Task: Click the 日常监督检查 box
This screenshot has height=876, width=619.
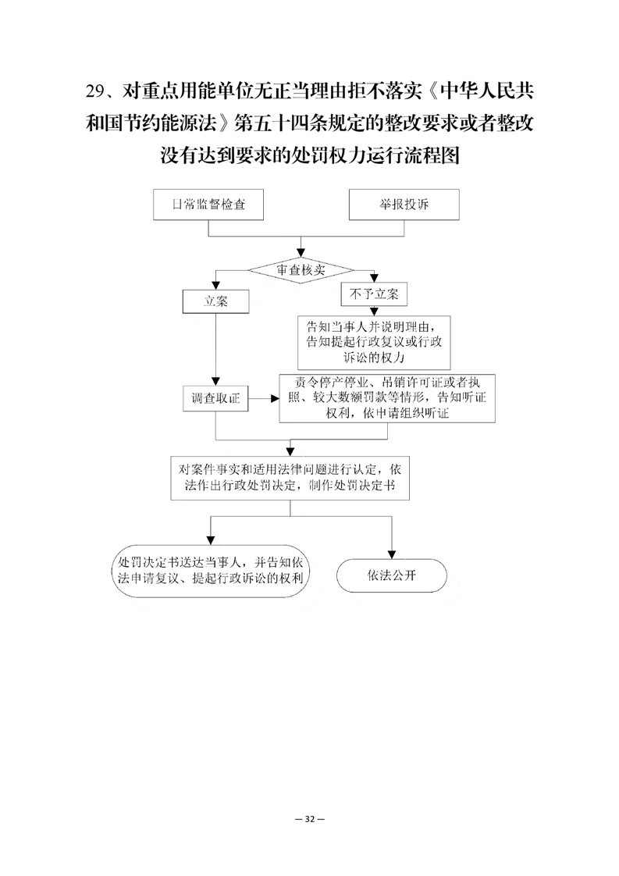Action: [208, 205]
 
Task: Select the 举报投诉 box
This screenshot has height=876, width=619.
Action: [404, 205]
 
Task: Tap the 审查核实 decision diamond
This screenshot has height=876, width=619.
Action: [301, 270]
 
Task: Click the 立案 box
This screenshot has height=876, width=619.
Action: [215, 301]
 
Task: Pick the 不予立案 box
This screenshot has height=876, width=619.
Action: [374, 294]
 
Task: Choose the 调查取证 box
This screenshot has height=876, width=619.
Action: [215, 398]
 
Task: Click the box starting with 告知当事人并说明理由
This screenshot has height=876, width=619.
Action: [374, 342]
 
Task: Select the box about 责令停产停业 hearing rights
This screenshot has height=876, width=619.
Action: [387, 397]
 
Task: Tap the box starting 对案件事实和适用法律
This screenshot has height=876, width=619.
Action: [290, 478]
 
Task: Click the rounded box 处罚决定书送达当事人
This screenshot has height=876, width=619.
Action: [210, 571]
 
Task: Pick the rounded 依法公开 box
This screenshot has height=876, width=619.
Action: [392, 575]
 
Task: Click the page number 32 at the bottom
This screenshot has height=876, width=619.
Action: [310, 819]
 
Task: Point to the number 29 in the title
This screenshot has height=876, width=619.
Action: [95, 91]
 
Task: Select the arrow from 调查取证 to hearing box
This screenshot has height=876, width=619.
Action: [264, 398]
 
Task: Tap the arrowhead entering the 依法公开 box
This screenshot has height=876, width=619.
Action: [392, 555]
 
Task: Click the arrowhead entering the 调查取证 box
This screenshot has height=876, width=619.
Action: [215, 381]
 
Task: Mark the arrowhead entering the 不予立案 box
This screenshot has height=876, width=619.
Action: [375, 278]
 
